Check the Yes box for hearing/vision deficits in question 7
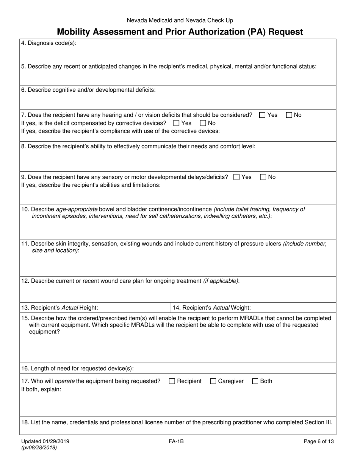[x=262, y=115]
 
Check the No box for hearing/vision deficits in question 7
[x=289, y=115]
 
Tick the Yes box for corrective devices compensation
[x=176, y=123]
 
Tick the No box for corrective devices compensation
[x=203, y=123]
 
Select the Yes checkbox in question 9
[x=236, y=177]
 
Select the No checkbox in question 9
[x=263, y=177]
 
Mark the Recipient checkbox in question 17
[x=172, y=382]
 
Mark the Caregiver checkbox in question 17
[x=213, y=382]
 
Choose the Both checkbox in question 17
[x=255, y=382]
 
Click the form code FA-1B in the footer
[x=177, y=441]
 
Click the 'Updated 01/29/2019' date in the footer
[x=45, y=441]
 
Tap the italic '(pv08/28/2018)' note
[x=39, y=447]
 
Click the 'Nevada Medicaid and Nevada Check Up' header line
[x=180, y=20]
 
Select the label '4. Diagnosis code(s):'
[x=49, y=43]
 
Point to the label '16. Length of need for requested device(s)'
[x=77, y=368]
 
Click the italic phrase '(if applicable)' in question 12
[x=221, y=281]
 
